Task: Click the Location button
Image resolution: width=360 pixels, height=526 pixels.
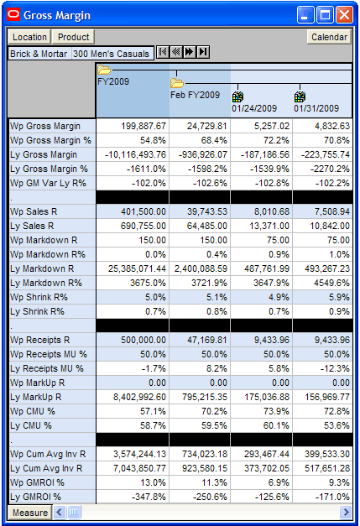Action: coord(29,37)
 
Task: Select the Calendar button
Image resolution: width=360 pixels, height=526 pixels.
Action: coord(329,37)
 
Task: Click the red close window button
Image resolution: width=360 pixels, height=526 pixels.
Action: coord(344,15)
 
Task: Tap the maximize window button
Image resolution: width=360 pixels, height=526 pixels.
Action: coord(325,15)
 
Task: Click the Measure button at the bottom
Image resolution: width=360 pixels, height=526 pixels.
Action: coord(30,513)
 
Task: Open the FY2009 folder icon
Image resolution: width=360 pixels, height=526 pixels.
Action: coord(104,70)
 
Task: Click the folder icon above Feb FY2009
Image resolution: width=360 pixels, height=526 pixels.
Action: coord(177,82)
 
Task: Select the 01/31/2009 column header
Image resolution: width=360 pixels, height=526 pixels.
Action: coord(316,108)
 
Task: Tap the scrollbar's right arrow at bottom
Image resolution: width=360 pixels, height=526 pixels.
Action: coord(346,513)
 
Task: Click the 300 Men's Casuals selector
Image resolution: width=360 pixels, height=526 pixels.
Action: coord(112,54)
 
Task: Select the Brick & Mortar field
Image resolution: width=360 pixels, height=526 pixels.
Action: coord(39,54)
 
